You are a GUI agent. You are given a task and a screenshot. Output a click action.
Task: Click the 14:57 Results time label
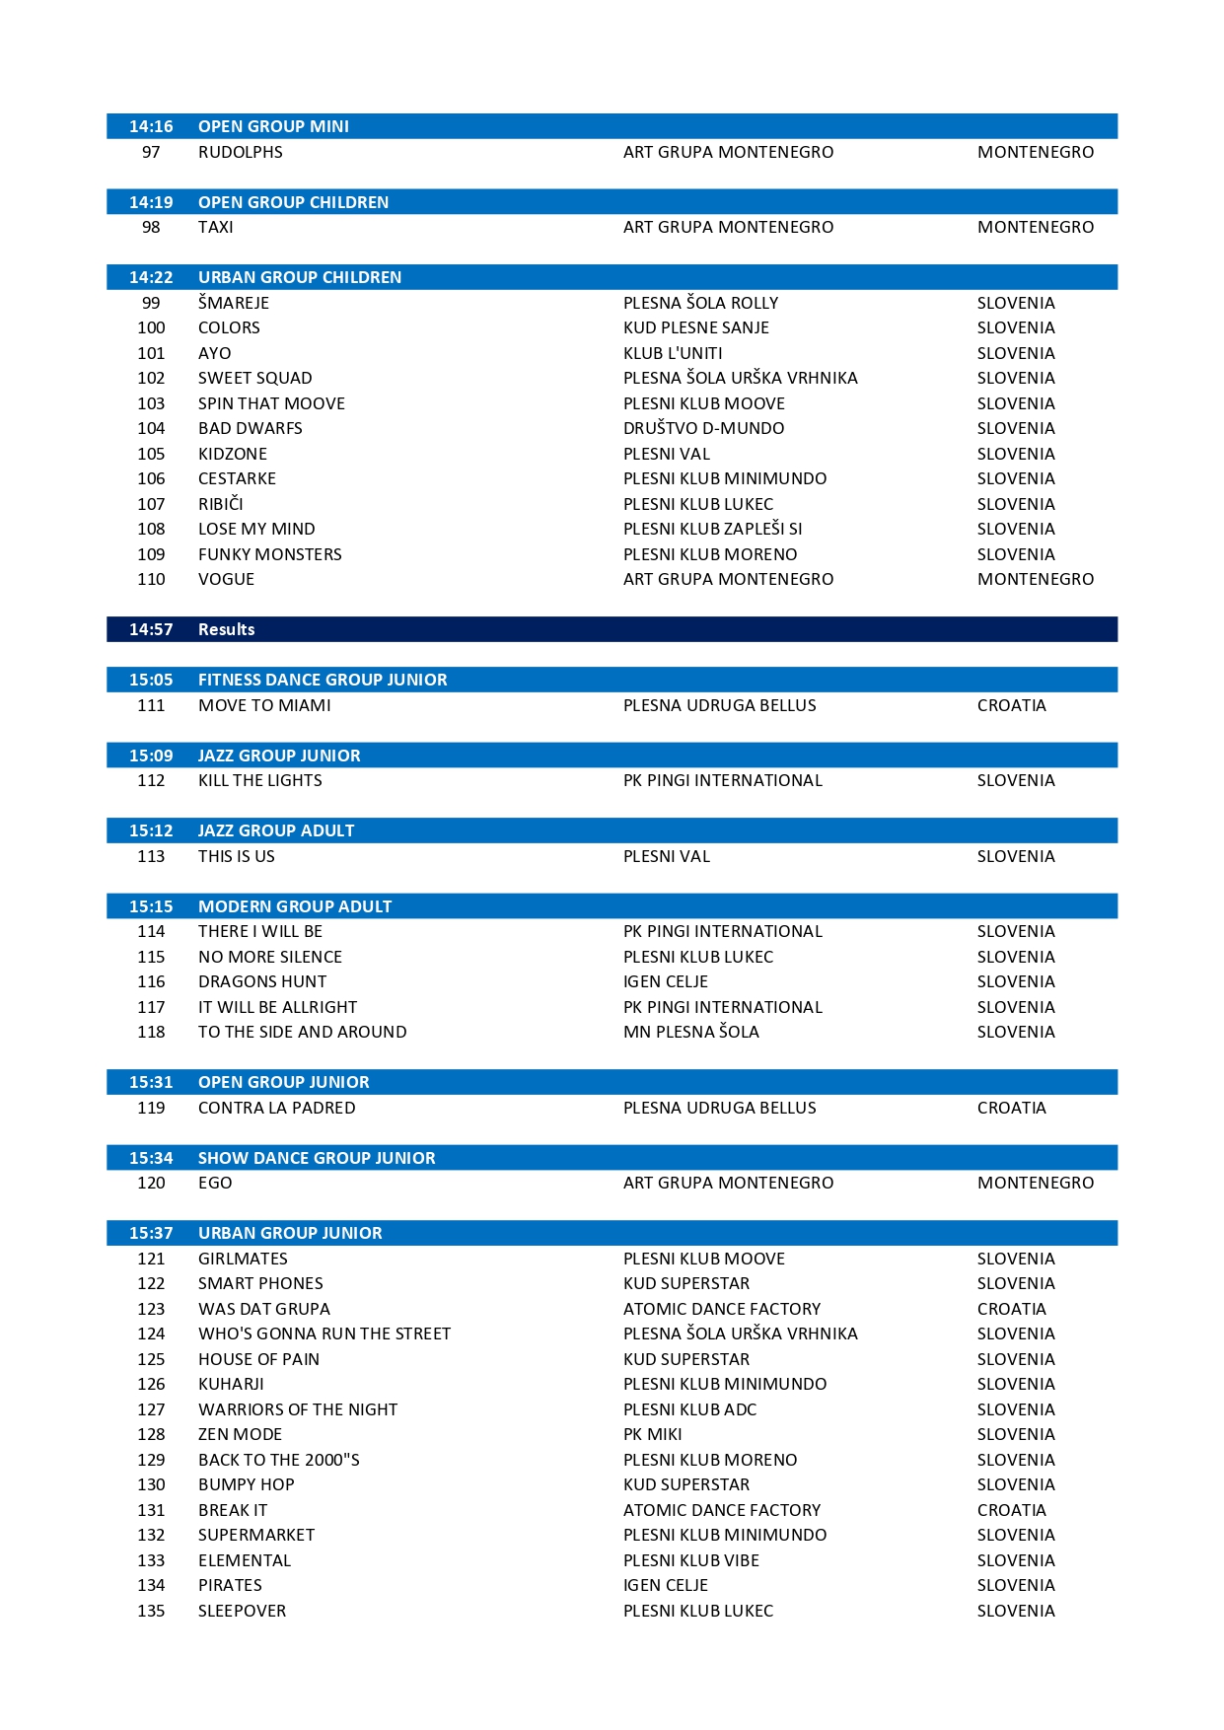151,629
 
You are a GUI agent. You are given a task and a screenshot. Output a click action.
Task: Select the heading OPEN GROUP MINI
273,126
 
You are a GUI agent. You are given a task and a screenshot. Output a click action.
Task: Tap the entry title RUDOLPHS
240,152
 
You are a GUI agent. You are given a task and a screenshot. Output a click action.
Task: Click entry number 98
151,227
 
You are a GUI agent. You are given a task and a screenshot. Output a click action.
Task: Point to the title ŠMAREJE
233,303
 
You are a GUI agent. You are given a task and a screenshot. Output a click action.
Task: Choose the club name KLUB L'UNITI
673,353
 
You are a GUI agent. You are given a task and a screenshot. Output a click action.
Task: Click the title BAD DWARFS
250,428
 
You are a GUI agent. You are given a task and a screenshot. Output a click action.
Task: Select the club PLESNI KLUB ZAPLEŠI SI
712,529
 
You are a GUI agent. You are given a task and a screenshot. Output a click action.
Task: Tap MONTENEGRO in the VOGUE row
1035,579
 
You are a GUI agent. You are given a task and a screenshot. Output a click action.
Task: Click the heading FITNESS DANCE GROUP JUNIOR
323,680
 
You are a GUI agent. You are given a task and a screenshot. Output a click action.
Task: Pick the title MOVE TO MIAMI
264,705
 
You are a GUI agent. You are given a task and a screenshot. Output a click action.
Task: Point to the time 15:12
151,830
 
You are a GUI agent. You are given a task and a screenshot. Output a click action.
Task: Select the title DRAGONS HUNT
261,981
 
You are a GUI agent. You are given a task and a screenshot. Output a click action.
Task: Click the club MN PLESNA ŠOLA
690,1032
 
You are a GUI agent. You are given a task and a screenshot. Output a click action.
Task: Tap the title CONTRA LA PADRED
276,1108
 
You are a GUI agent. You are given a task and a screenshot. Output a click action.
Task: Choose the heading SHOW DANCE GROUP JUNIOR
317,1158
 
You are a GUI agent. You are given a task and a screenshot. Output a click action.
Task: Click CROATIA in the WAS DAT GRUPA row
1011,1309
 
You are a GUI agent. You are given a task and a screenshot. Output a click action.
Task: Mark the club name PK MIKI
652,1434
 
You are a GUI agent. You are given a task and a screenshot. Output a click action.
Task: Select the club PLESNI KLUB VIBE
690,1560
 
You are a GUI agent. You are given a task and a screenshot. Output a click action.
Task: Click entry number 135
151,1611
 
